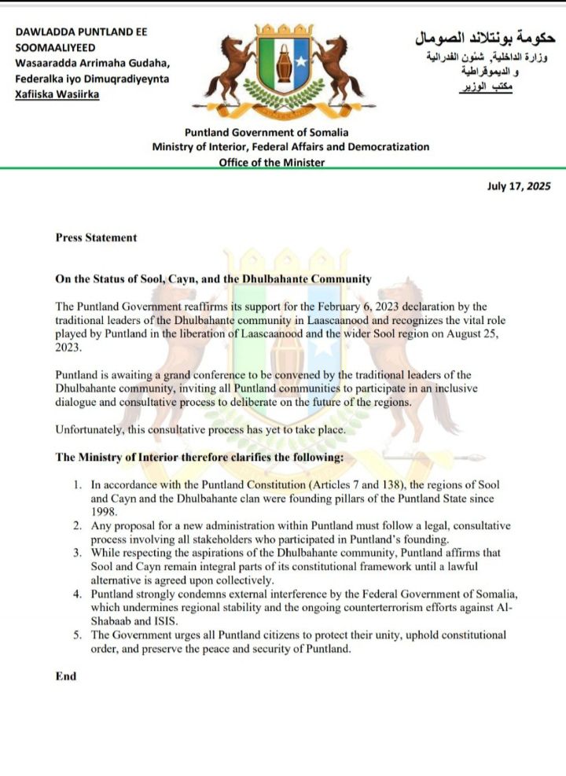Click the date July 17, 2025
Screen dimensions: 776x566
520,186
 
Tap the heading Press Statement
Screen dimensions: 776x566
96,237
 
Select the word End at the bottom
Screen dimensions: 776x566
66,676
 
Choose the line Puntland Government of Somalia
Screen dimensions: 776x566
266,133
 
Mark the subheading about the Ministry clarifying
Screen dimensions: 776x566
200,458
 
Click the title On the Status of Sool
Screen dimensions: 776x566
212,279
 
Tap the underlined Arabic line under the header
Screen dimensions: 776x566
487,90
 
